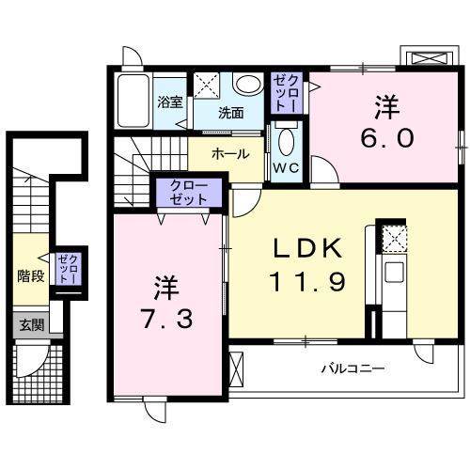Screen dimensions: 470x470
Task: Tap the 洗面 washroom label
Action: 231,113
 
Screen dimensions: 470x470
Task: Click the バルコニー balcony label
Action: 352,368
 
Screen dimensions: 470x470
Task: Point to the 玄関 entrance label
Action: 31,325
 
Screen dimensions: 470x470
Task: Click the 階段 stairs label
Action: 31,276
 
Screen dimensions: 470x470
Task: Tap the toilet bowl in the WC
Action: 287,144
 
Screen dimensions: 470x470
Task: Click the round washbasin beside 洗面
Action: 248,86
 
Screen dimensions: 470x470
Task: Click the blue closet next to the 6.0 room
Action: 286,94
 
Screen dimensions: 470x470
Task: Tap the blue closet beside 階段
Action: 66,270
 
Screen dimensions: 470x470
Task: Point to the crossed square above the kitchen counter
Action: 395,240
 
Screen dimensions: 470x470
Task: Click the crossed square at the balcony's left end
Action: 236,363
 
